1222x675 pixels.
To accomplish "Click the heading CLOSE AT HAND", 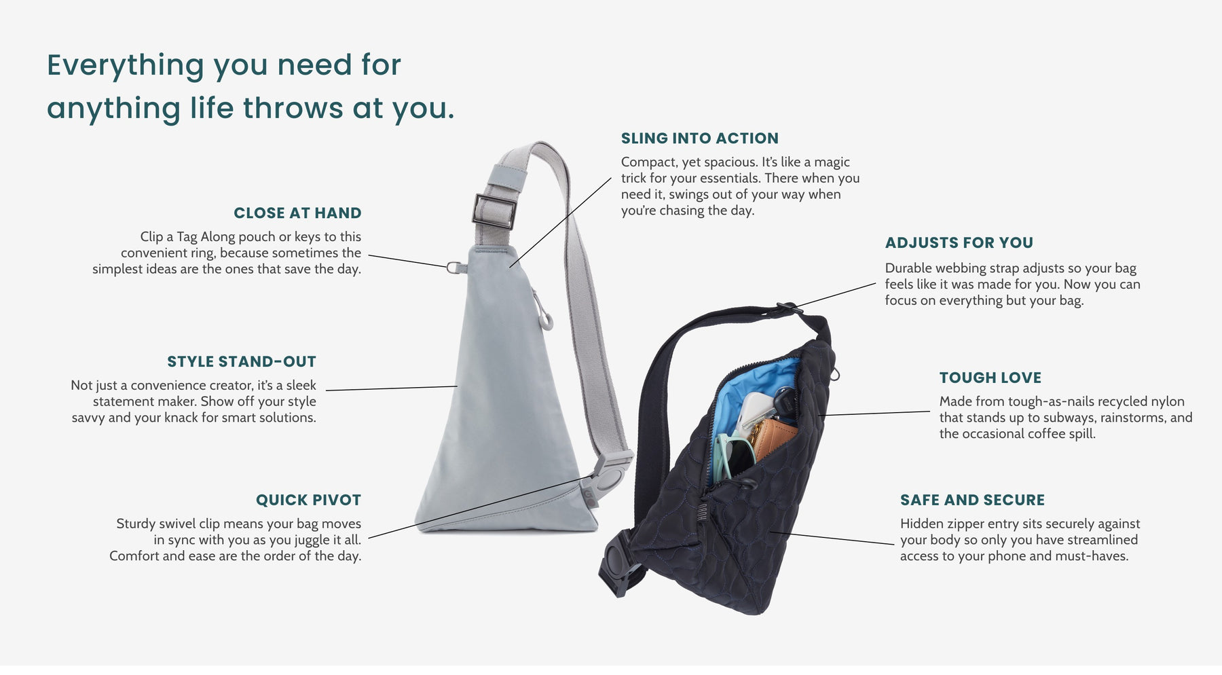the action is pos(297,213).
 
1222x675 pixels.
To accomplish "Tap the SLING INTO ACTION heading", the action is pos(700,139).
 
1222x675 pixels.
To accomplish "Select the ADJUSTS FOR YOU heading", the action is pos(959,243).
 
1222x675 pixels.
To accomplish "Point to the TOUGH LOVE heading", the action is pos(990,378).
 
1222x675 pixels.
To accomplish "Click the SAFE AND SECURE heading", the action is pos(973,500).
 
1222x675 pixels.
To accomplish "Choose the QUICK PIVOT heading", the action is pos(308,500).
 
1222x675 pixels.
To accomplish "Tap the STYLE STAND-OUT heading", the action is pos(242,362).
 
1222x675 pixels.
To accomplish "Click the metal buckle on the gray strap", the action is pos(494,211).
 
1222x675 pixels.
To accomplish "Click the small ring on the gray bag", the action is pos(453,267).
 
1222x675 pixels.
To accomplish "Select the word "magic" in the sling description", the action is pos(832,162).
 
